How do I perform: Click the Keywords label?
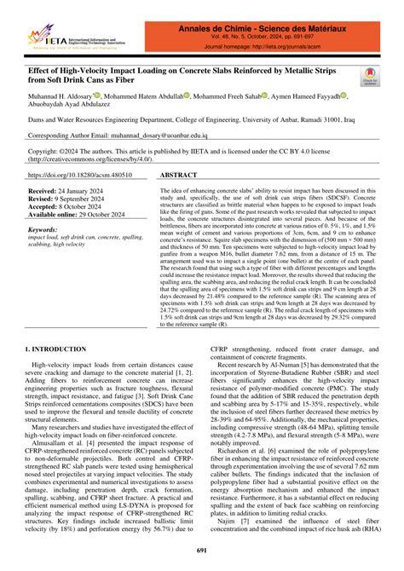point(49,230)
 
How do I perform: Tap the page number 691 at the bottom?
point(202,551)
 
